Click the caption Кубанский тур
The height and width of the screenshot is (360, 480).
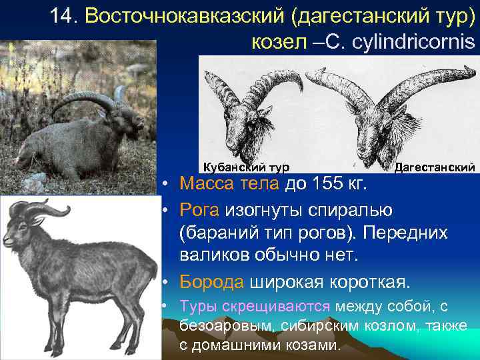(246, 166)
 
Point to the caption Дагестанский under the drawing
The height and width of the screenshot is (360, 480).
(435, 166)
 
